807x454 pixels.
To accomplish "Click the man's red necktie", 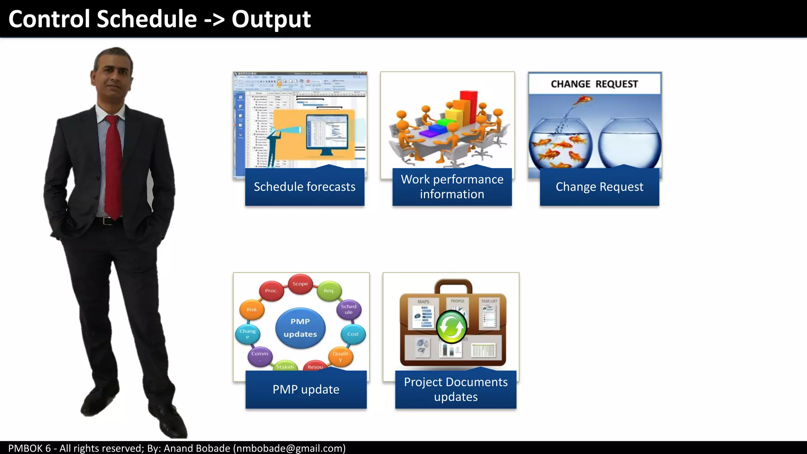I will (113, 166).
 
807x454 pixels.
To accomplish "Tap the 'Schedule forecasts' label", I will (305, 187).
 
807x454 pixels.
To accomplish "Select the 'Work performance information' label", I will (452, 187).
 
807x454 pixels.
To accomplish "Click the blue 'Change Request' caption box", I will (599, 187).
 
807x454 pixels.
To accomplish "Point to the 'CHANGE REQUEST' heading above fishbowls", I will (594, 84).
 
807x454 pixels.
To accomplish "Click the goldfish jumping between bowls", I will (583, 101).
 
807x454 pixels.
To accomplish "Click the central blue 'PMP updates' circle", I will (300, 328).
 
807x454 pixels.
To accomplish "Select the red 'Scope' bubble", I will (300, 284).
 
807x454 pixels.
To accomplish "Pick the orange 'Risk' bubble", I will (252, 310).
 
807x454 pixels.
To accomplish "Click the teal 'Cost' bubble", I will (353, 334).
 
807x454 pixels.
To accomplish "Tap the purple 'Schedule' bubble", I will (349, 309).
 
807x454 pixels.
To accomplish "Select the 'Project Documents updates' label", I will (456, 389).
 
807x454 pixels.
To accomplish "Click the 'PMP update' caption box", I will (306, 389).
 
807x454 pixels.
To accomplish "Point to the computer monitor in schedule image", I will (327, 132).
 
